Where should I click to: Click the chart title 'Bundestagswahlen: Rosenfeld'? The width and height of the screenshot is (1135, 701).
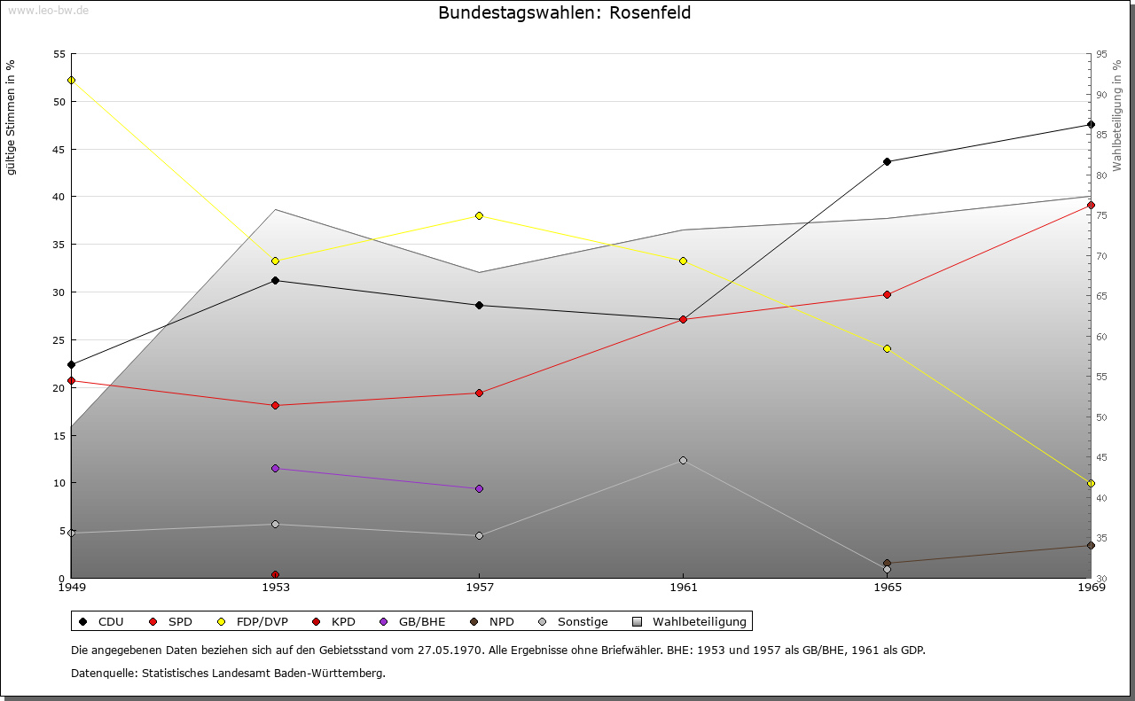click(565, 13)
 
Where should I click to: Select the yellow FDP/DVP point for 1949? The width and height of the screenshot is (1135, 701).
click(71, 80)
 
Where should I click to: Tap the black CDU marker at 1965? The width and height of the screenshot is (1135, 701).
click(887, 161)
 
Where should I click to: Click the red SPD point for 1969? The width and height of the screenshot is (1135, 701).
click(1091, 205)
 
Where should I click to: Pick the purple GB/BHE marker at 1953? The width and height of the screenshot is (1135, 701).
click(275, 468)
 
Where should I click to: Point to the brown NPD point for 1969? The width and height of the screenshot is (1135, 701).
click(1091, 545)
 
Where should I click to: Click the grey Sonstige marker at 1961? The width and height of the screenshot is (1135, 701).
click(683, 460)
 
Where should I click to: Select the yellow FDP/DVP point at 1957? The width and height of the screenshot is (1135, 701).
click(479, 215)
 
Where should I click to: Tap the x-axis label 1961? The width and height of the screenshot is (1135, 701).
click(683, 587)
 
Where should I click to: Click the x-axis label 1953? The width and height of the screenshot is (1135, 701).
click(275, 587)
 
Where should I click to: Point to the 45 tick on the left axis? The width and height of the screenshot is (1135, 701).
click(59, 149)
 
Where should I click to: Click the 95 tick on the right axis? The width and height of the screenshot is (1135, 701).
click(1100, 54)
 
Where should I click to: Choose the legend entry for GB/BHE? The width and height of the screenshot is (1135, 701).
click(416, 621)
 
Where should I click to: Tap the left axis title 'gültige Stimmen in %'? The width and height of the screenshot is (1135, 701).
click(12, 117)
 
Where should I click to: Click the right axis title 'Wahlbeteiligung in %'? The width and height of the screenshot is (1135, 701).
click(1117, 115)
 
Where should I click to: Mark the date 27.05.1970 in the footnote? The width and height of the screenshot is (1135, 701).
click(451, 650)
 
